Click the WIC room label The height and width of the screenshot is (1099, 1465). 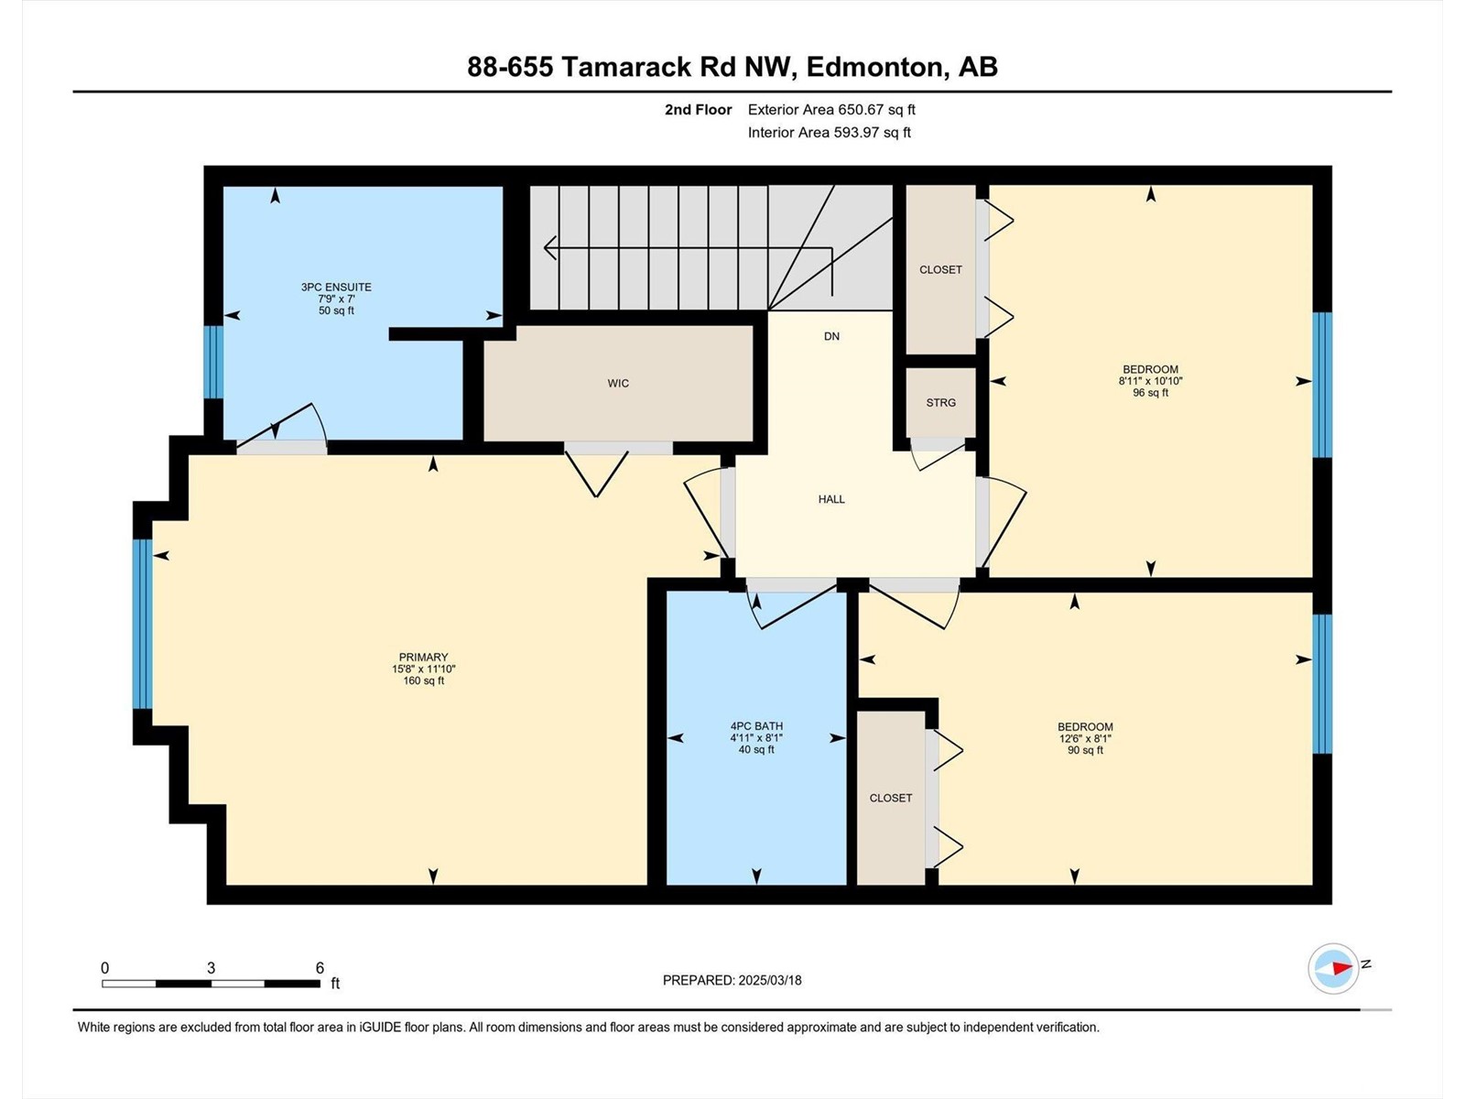pyautogui.click(x=618, y=384)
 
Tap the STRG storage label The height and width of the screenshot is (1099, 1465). pyautogui.click(x=941, y=403)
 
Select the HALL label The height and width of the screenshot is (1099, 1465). pyautogui.click(x=831, y=499)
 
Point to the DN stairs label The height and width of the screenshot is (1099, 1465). pyautogui.click(x=831, y=336)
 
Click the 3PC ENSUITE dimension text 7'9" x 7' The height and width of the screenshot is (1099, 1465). pyautogui.click(x=336, y=299)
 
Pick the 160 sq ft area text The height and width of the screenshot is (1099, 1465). pyautogui.click(x=424, y=680)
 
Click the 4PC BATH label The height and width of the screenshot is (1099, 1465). pyautogui.click(x=756, y=726)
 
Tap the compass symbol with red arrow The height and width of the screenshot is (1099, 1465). pyautogui.click(x=1333, y=968)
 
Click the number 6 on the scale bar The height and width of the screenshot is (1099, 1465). pyautogui.click(x=320, y=967)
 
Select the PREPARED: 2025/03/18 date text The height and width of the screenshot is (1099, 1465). pyautogui.click(x=732, y=980)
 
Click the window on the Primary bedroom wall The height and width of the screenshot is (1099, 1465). pyautogui.click(x=142, y=624)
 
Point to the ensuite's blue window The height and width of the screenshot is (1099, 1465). pyautogui.click(x=213, y=363)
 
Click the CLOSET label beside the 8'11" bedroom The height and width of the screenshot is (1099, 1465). pyautogui.click(x=941, y=269)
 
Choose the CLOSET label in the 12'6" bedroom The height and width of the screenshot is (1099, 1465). pyautogui.click(x=891, y=798)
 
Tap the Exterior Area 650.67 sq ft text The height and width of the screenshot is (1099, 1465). pyautogui.click(x=831, y=109)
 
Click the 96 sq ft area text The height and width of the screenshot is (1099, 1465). pyautogui.click(x=1151, y=393)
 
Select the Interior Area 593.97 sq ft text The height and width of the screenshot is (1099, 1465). pyautogui.click(x=829, y=132)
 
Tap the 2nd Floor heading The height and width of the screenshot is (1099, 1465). pyautogui.click(x=698, y=109)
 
